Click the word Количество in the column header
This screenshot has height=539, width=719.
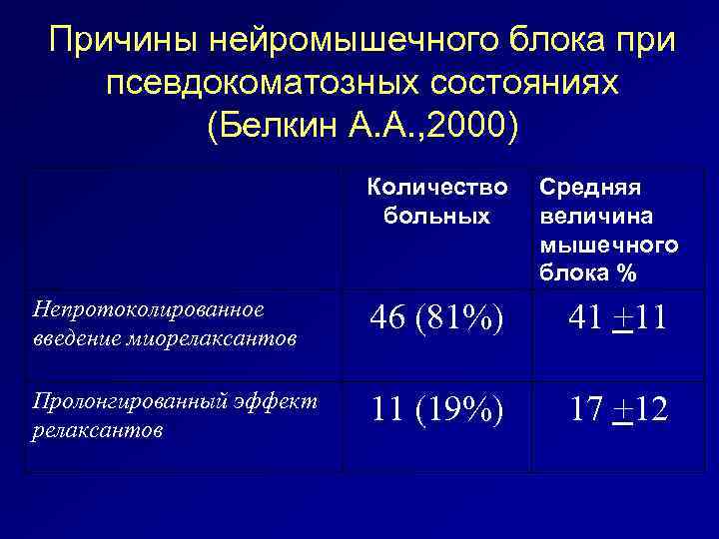pyautogui.click(x=437, y=187)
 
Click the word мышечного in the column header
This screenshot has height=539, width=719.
pyautogui.click(x=609, y=245)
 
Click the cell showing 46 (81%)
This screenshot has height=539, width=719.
pyautogui.click(x=436, y=319)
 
